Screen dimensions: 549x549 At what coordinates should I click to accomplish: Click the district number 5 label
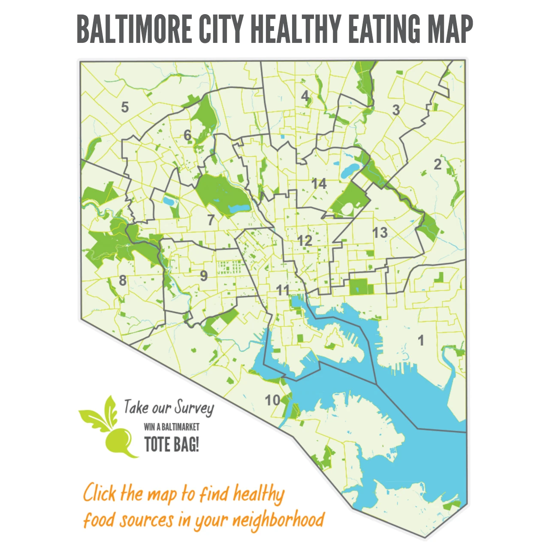pos(125,107)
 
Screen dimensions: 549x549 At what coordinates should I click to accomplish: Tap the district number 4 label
pos(305,96)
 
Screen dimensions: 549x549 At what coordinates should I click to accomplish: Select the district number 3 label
pos(396,110)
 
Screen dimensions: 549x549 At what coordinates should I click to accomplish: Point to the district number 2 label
pos(437,164)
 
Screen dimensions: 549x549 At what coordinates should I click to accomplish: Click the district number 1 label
pos(421,341)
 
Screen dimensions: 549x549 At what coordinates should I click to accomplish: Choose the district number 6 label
pos(187,135)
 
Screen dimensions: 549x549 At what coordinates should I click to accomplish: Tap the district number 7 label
pos(211,220)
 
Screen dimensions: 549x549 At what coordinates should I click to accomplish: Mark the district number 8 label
pos(123,281)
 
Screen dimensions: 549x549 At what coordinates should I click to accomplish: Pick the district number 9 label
pos(204,276)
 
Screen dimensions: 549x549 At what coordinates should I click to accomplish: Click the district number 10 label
pos(272,400)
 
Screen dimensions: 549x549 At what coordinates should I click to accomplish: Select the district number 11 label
pos(283,290)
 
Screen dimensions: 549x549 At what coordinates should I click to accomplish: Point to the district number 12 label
pos(305,241)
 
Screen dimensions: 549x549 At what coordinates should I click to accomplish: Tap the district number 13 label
pos(380,233)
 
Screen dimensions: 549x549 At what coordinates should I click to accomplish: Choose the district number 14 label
pos(319,184)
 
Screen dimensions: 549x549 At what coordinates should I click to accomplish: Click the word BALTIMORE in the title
pos(134,29)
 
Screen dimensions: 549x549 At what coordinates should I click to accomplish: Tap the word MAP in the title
pos(450,29)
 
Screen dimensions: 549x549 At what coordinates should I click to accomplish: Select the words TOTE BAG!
pos(172,444)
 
